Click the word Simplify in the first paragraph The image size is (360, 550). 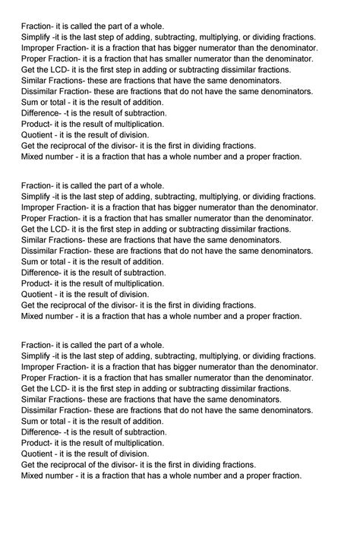tap(36, 36)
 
